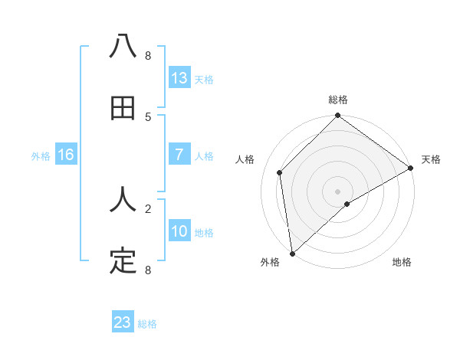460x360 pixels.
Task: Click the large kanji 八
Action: tap(123, 46)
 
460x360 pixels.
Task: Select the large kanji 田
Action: tap(123, 109)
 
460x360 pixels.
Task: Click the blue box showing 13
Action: tap(179, 78)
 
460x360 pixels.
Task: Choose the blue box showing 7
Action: tap(179, 155)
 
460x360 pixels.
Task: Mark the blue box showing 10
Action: tap(179, 231)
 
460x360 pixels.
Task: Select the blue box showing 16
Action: tap(66, 155)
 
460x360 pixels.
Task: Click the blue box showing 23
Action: tap(123, 322)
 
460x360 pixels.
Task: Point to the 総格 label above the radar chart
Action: tap(338, 100)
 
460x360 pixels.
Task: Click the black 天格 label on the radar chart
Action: tap(431, 159)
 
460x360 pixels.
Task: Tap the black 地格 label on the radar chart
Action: tap(402, 263)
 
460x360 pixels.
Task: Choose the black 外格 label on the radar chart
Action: tap(270, 263)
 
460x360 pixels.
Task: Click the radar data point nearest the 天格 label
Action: tap(410, 168)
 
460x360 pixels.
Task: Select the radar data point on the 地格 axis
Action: tap(347, 204)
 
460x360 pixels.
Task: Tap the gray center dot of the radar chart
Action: tap(338, 191)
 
